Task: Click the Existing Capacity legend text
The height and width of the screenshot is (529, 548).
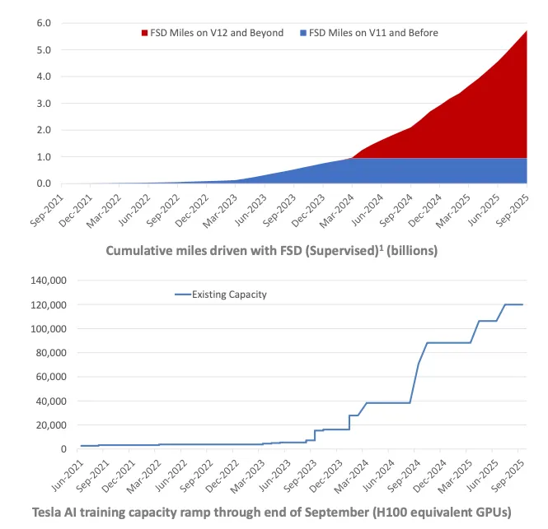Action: tap(229, 294)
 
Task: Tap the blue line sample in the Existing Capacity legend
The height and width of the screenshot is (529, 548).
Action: tap(180, 294)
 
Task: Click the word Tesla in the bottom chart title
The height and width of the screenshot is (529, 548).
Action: tap(49, 512)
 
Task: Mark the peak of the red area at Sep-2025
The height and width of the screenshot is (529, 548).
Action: tap(527, 31)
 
